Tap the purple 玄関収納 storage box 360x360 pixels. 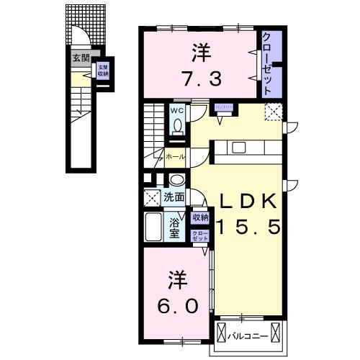click(x=103, y=71)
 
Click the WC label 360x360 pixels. click(x=177, y=111)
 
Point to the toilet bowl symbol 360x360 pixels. click(x=178, y=125)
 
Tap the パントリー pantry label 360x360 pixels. click(x=222, y=107)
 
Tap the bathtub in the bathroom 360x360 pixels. click(x=153, y=230)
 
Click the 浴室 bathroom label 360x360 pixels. click(x=176, y=229)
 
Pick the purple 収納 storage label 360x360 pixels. click(x=200, y=217)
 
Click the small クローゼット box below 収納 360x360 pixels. click(x=199, y=235)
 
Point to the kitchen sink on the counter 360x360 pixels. click(x=238, y=148)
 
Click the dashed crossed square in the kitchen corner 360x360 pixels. click(x=274, y=112)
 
